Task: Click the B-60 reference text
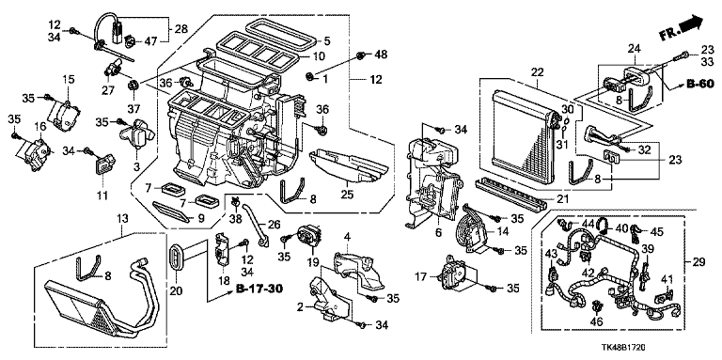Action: [699, 84]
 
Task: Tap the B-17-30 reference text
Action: [259, 290]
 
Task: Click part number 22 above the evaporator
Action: [537, 72]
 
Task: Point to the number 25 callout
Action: [347, 195]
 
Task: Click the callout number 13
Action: [122, 217]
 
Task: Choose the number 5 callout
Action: [326, 41]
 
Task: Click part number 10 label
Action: [319, 56]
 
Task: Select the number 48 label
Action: [381, 55]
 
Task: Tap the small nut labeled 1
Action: [311, 75]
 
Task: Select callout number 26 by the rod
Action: [274, 225]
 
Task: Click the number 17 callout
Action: [431, 277]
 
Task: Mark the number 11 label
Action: [102, 196]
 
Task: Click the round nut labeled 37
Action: [134, 85]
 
